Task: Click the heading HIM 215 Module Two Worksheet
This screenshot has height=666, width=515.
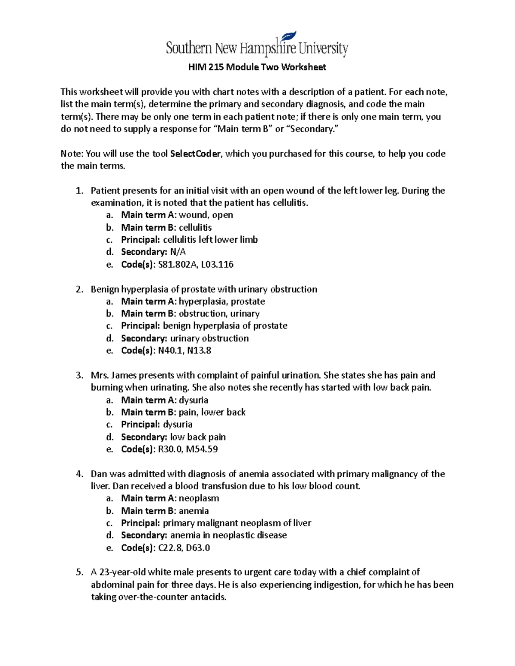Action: tap(257, 67)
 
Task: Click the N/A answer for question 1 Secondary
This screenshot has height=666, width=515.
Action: tap(178, 252)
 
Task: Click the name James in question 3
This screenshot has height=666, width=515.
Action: tap(124, 375)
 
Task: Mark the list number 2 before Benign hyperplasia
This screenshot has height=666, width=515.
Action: tap(79, 289)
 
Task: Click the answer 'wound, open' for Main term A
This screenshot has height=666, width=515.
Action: tap(206, 215)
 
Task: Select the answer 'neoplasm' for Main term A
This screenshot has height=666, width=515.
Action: tap(199, 499)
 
